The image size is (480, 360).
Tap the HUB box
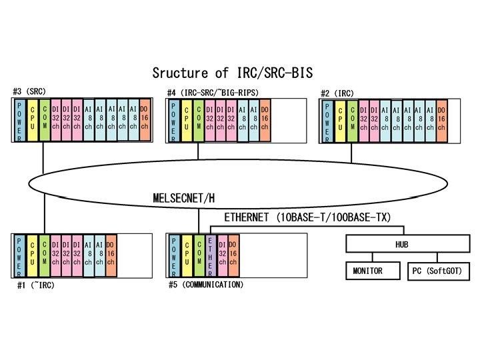coord(401,245)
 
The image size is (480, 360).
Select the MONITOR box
coord(367,271)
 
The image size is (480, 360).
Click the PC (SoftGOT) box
coord(435,271)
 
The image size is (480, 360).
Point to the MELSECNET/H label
coord(185,198)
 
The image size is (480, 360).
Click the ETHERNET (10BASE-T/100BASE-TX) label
coord(307,217)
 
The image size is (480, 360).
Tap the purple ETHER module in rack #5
coord(211,254)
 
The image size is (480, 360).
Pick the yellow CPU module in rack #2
coord(340,119)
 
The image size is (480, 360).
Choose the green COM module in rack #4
coord(199,119)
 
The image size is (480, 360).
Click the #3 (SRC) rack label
coord(29,91)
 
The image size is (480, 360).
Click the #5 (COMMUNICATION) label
coord(207,285)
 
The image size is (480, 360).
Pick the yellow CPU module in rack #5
coord(187,254)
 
